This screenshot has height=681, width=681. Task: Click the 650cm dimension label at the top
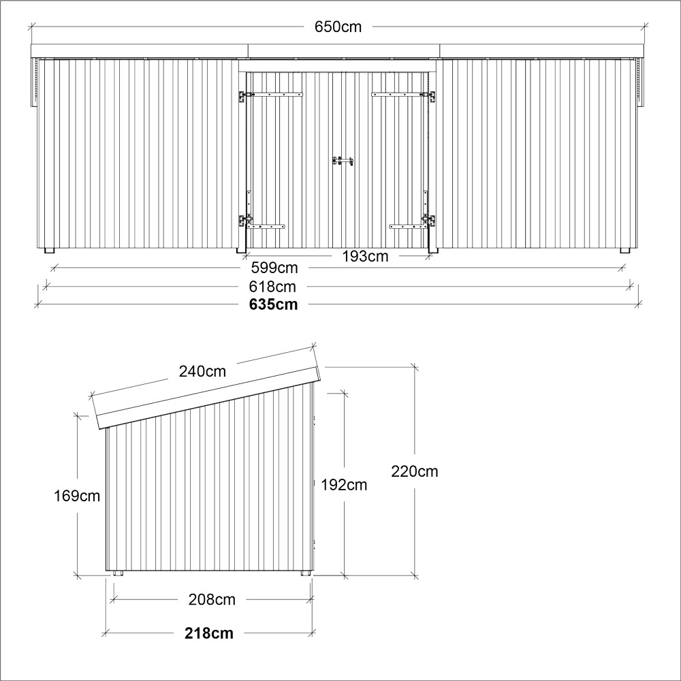(338, 27)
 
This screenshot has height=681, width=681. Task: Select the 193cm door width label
(365, 257)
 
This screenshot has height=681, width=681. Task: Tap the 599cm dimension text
(274, 268)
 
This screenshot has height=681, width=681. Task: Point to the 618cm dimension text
(272, 287)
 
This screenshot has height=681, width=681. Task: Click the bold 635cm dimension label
(274, 304)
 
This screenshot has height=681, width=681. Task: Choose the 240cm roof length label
(202, 371)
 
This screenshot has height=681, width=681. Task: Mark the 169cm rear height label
(77, 496)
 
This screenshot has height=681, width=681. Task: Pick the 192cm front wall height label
(344, 485)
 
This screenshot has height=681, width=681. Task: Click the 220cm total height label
(415, 471)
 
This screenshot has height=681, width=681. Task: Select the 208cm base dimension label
(212, 600)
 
